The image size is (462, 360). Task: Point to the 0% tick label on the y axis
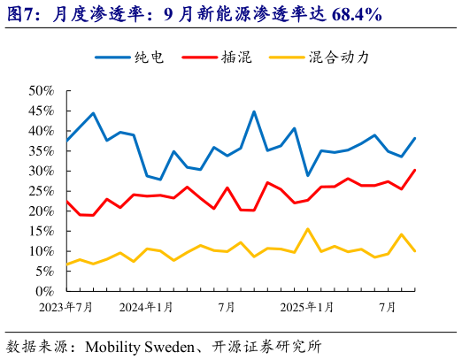pos(45,291)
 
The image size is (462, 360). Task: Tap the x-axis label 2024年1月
pos(147,307)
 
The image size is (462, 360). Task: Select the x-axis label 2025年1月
pos(308,307)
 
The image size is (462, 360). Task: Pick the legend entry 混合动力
pos(338,57)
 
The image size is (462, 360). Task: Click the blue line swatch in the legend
pos(112,57)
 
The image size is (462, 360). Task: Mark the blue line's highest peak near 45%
pos(254,111)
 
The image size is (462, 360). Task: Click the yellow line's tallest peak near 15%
pos(307,229)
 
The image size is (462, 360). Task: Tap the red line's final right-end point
pos(414,170)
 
